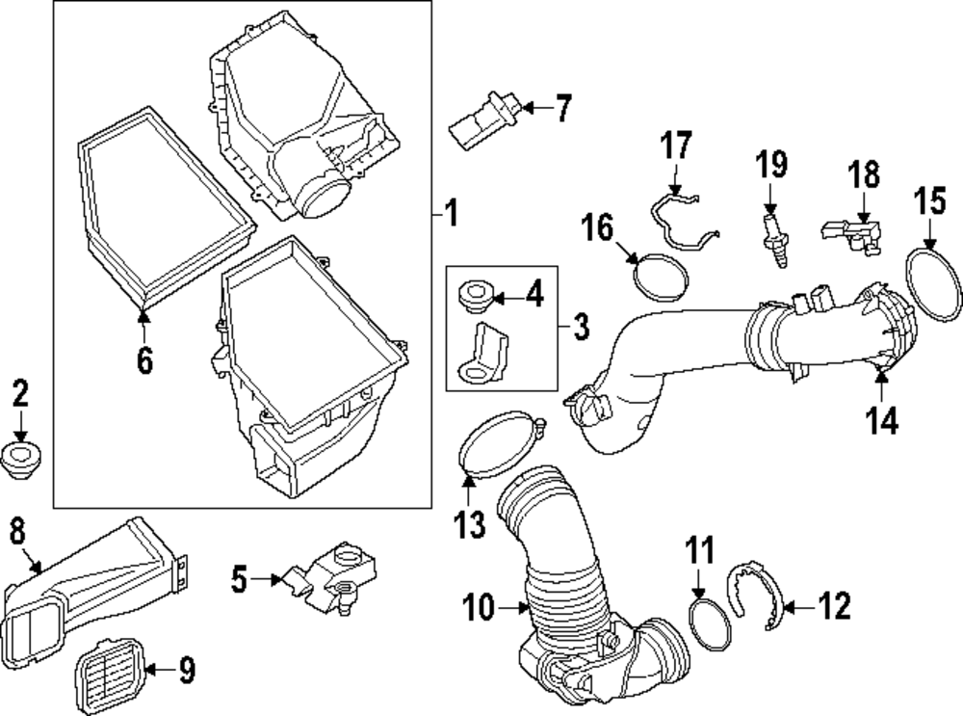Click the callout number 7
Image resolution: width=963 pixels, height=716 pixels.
tap(561, 109)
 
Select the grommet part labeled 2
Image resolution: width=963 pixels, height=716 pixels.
tap(21, 461)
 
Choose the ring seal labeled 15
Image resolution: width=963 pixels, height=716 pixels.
tap(934, 284)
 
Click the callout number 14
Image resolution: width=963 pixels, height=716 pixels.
tap(882, 420)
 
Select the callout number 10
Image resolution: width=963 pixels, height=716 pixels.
tap(479, 609)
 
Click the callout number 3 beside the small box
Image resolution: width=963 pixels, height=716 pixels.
tap(580, 328)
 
